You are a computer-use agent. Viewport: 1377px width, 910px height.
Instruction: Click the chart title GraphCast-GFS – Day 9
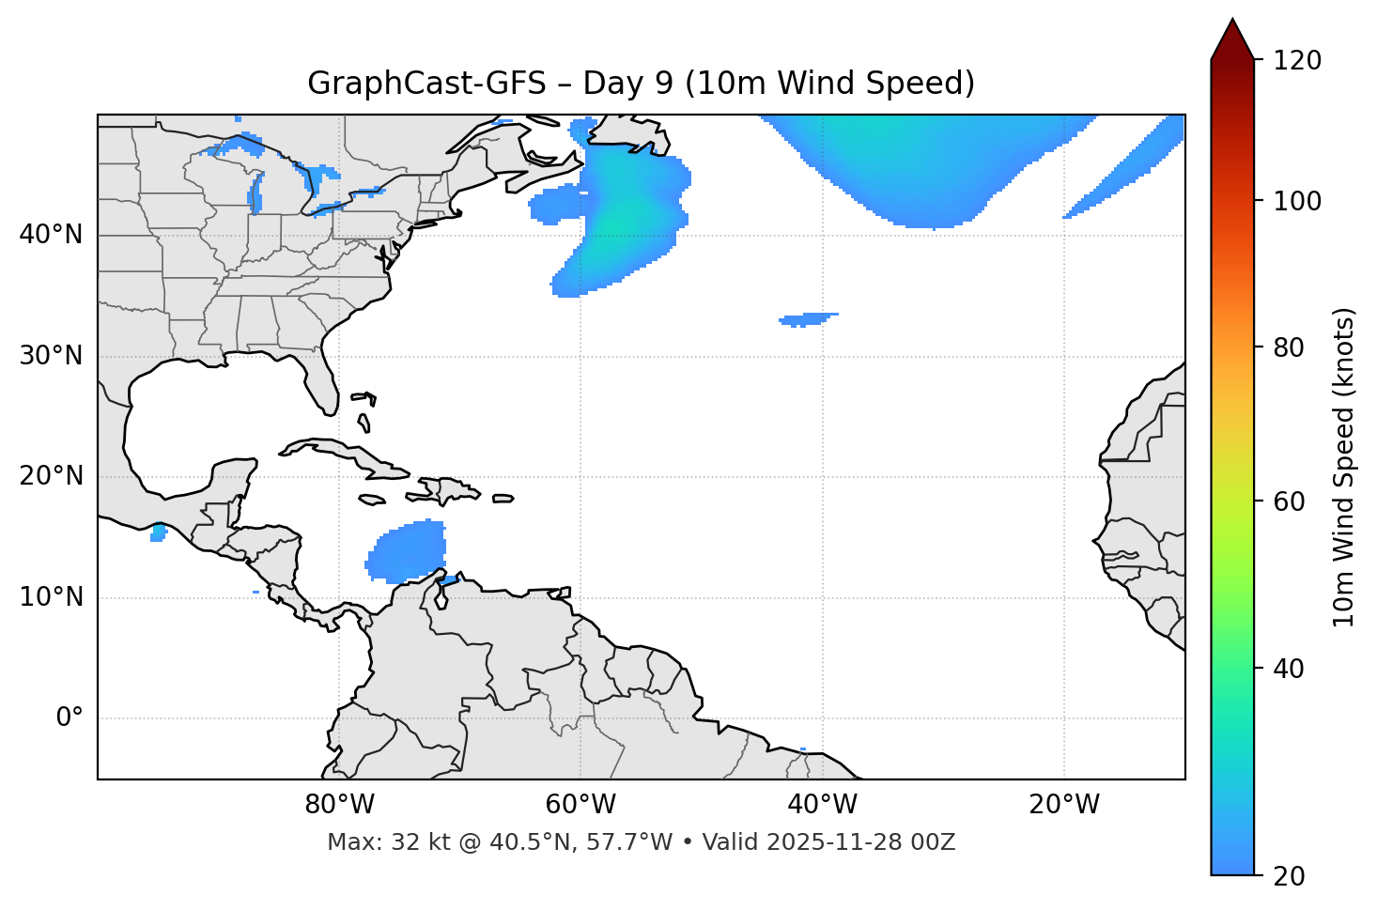(x=641, y=84)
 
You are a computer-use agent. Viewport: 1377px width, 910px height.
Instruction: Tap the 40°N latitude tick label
(x=51, y=235)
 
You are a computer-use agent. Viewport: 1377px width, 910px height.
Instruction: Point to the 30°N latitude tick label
(x=51, y=356)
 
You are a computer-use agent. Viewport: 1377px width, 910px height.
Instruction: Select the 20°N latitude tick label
(x=51, y=476)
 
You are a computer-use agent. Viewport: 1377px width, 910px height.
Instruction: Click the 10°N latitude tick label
(x=51, y=597)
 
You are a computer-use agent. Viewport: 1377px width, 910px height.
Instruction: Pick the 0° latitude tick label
(x=70, y=718)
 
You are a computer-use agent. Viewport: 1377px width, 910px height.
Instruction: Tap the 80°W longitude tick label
(x=339, y=805)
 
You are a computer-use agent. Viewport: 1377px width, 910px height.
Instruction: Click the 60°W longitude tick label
(x=580, y=805)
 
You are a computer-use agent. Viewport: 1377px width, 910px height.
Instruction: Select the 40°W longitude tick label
(x=822, y=805)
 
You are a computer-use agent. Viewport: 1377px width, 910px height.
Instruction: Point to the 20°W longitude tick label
(x=1063, y=805)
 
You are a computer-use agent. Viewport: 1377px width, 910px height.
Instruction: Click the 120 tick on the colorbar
(x=1298, y=60)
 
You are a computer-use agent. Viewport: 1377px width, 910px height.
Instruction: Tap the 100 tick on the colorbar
(x=1298, y=201)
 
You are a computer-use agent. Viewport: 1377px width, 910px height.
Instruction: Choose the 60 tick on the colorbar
(x=1292, y=501)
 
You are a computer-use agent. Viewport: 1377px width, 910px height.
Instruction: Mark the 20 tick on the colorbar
(x=1292, y=875)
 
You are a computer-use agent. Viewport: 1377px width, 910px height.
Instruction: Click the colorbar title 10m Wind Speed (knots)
(x=1344, y=467)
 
